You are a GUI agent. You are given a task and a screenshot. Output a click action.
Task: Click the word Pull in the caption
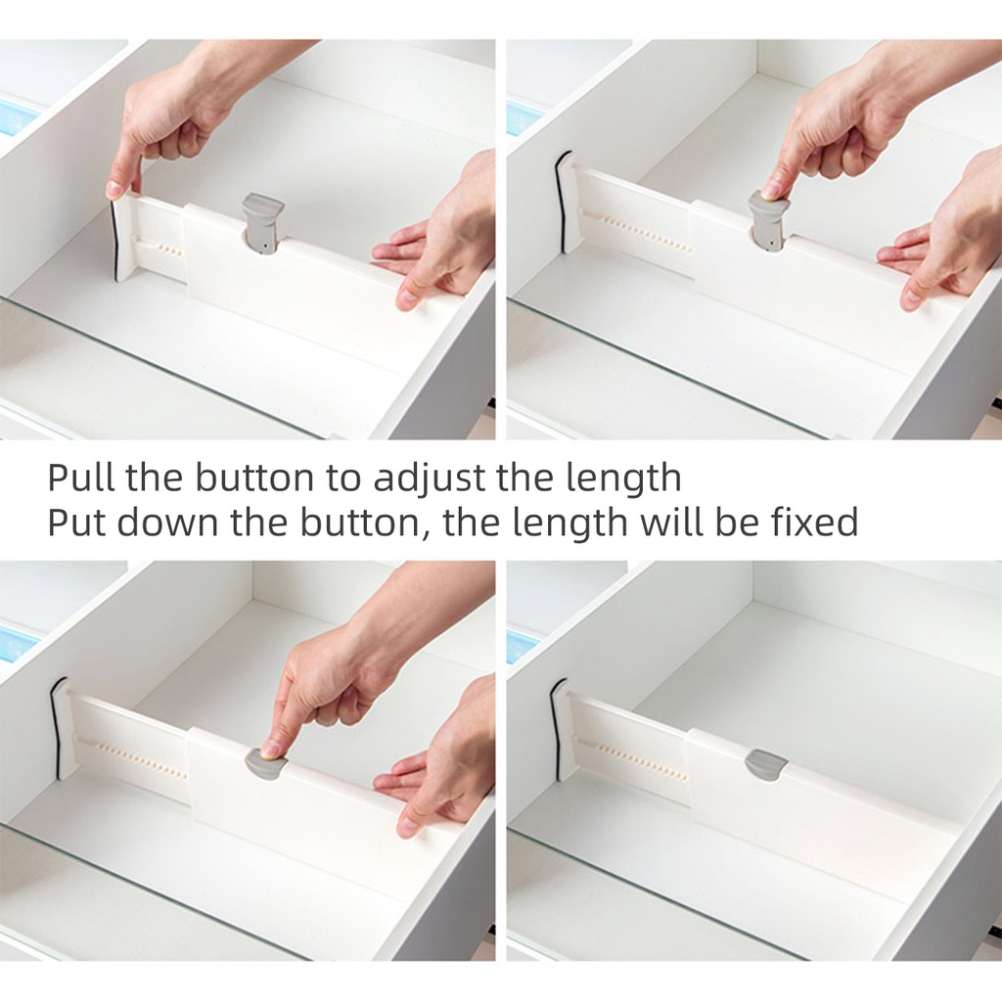click(81, 477)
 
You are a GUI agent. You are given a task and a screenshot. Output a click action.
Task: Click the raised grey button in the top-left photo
click(262, 222)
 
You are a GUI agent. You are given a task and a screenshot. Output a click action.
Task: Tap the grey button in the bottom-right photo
click(765, 764)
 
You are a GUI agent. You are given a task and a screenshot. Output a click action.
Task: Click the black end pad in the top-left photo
click(114, 242)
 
